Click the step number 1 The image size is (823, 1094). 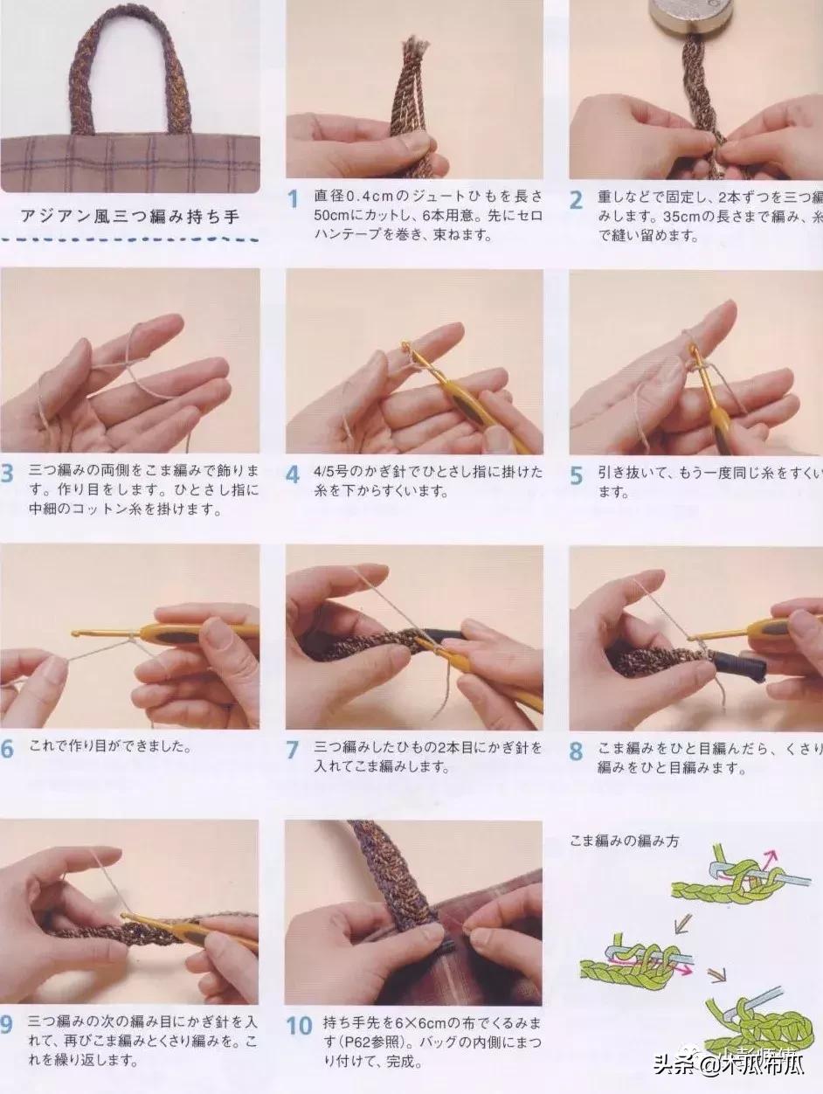pyautogui.click(x=294, y=200)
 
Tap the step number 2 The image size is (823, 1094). pyautogui.click(x=577, y=200)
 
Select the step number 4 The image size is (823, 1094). pyautogui.click(x=294, y=475)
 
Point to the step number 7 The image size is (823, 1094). pyautogui.click(x=294, y=750)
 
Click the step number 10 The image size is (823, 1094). pyautogui.click(x=299, y=1025)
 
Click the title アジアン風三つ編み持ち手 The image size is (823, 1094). pyautogui.click(x=129, y=217)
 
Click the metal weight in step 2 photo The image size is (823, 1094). pyautogui.click(x=688, y=18)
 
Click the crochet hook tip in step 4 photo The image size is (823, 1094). pyautogui.click(x=406, y=348)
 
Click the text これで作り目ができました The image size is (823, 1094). pyautogui.click(x=110, y=748)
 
